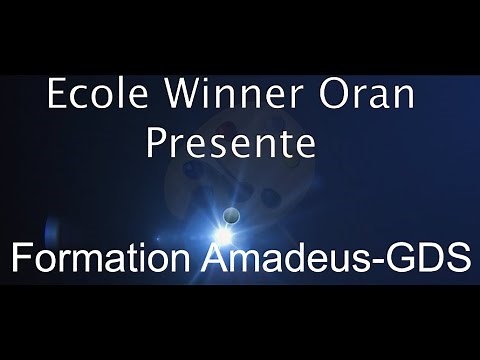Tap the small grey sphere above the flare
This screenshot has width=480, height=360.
point(232,212)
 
